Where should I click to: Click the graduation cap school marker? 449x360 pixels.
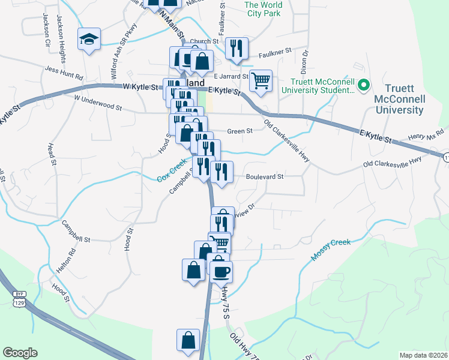tap(89, 40)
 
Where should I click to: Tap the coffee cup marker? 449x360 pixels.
tap(221, 271)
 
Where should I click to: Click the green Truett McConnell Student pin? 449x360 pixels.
tap(363, 86)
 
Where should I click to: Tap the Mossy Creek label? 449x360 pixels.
tap(330, 249)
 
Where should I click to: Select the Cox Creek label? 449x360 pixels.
tap(172, 174)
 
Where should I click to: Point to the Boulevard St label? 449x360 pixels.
tap(264, 176)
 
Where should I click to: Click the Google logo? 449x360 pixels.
tap(20, 353)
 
